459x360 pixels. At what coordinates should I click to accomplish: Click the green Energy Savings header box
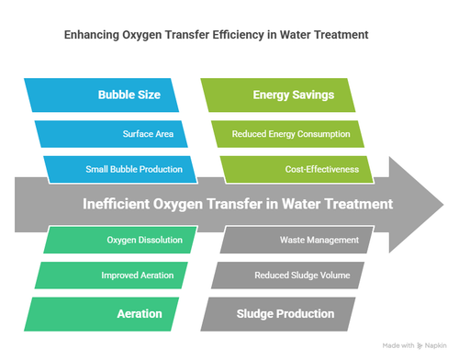click(x=293, y=96)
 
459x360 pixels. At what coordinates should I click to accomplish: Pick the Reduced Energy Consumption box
click(x=291, y=134)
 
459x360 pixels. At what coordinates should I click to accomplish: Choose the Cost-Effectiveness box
click(x=293, y=168)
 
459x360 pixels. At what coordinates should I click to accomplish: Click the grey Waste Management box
click(x=297, y=241)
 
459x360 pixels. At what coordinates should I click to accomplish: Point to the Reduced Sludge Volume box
click(x=292, y=276)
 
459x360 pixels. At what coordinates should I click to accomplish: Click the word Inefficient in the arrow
click(x=123, y=204)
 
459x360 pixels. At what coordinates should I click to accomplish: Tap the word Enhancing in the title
click(x=91, y=36)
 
